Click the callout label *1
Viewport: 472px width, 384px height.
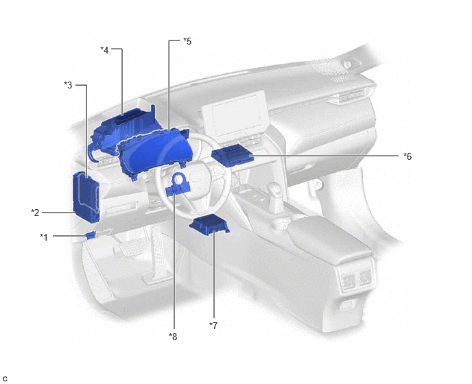click(x=44, y=237)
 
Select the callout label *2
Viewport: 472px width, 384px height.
click(x=35, y=213)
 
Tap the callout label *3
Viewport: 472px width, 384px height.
click(x=68, y=85)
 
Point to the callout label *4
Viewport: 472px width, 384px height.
click(x=104, y=49)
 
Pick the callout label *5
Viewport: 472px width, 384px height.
click(x=187, y=41)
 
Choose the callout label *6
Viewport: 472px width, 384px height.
click(x=408, y=156)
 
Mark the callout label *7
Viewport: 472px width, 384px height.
click(x=213, y=325)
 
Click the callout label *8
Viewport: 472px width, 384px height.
click(x=173, y=337)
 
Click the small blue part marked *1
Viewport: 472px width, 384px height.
click(x=91, y=235)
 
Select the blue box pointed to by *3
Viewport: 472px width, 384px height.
click(x=86, y=197)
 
